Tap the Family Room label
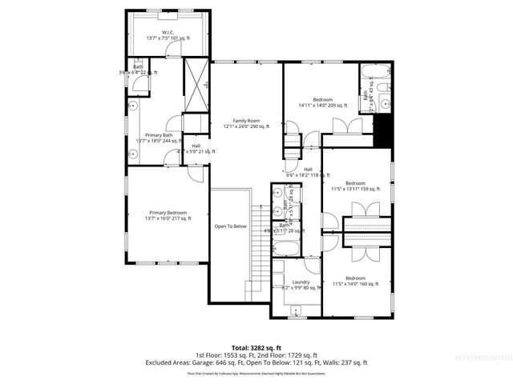246,123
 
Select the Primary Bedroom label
168,215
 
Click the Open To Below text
230,226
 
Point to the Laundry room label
301,285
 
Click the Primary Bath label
158,138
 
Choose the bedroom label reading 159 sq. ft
355,186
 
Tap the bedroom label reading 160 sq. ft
355,281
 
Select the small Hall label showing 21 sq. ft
196,148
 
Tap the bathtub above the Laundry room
286,247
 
